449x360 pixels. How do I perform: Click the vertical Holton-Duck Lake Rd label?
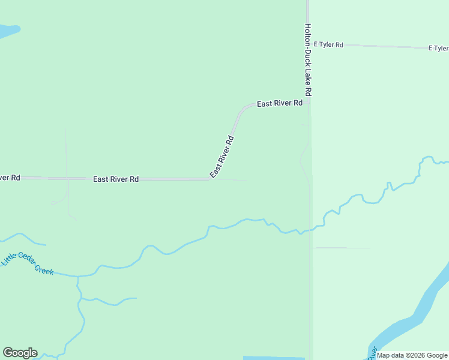point(308,60)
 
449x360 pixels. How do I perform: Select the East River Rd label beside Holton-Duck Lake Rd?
point(280,104)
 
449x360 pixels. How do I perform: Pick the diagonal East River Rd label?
point(221,157)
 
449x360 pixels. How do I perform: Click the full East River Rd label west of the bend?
point(116,179)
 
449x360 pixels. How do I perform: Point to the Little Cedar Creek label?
point(28,264)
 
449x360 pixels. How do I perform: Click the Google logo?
point(20,353)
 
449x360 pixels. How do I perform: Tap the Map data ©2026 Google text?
point(412,355)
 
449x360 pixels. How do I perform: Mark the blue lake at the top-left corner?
point(7,30)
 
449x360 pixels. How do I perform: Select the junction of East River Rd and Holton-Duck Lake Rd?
point(308,103)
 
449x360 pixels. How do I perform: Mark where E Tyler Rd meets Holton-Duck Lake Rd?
point(308,44)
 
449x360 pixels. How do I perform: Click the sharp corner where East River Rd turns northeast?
point(209,179)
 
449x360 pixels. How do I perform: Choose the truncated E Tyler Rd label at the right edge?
point(438,48)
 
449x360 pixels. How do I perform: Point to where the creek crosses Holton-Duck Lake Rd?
point(310,230)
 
